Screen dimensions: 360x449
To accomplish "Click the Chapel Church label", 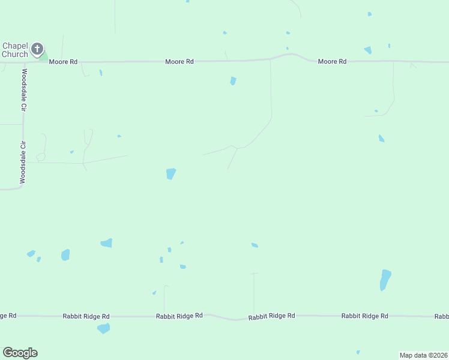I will point(15,50).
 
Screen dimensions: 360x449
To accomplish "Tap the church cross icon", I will point(37,48).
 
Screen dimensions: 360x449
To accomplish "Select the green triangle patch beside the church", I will point(43,55).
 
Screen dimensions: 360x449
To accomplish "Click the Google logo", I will point(20,353).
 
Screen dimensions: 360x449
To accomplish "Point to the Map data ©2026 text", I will point(424,355).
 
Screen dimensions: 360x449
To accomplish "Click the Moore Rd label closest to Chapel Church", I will point(64,61).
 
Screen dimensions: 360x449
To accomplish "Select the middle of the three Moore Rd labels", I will point(180,61).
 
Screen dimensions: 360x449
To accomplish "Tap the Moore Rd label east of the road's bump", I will point(333,61).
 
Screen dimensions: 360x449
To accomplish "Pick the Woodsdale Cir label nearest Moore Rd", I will point(25,90).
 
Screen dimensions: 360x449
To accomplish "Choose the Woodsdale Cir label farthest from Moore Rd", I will point(23,162).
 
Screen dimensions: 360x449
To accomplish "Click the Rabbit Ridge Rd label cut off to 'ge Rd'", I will point(8,315).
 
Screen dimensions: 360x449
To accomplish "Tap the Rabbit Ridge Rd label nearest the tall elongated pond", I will point(365,316).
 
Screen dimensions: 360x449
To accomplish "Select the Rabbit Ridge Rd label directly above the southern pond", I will point(86,316).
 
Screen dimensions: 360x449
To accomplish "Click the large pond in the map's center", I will point(171,174).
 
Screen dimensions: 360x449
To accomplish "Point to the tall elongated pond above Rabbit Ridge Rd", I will point(385,279).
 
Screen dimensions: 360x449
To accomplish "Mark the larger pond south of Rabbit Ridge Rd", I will point(104,328).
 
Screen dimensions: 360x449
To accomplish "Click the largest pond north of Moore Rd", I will point(367,50).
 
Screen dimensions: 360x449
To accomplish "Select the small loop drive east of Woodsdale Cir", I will point(40,157).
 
